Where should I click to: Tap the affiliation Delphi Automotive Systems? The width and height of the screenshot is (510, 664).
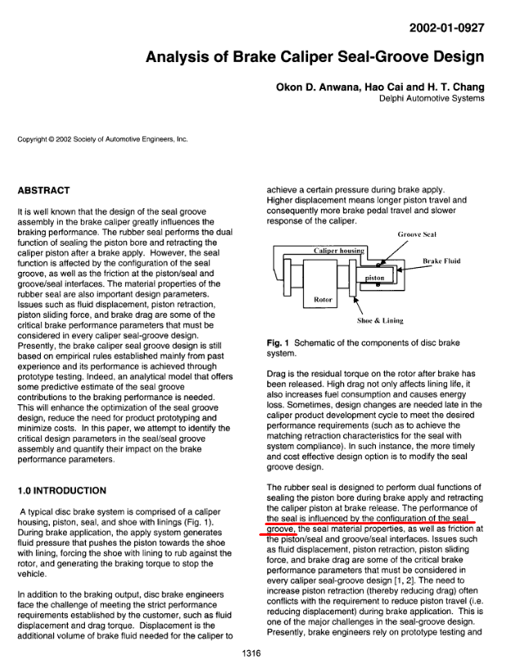[432, 99]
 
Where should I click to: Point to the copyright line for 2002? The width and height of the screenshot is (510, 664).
[103, 139]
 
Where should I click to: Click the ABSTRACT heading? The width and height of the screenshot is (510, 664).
[43, 190]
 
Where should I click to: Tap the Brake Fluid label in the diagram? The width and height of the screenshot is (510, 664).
[442, 261]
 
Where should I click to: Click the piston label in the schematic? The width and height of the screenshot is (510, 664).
[374, 279]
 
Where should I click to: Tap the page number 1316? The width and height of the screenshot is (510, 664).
[254, 651]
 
